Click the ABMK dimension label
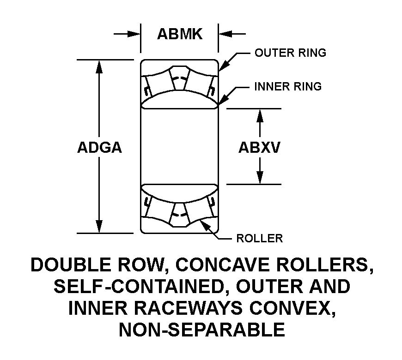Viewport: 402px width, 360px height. point(180,34)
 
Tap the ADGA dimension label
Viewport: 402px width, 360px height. point(99,148)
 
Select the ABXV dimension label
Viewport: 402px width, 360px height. point(260,148)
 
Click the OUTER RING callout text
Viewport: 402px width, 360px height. point(290,53)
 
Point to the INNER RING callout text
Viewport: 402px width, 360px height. point(288,87)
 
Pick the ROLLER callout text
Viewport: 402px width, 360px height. point(260,238)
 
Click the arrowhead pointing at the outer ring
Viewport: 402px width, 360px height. point(223,66)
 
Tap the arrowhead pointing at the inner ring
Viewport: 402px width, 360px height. point(222,100)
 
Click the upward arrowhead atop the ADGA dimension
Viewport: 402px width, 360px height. point(99,66)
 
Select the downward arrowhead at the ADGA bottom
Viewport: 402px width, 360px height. point(99,227)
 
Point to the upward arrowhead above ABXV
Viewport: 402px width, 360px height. point(260,115)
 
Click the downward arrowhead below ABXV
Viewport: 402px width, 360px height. point(260,177)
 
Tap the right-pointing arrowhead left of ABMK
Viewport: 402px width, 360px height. point(134,34)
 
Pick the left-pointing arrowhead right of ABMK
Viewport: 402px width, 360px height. point(225,34)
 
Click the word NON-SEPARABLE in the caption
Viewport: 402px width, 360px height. point(202,330)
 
